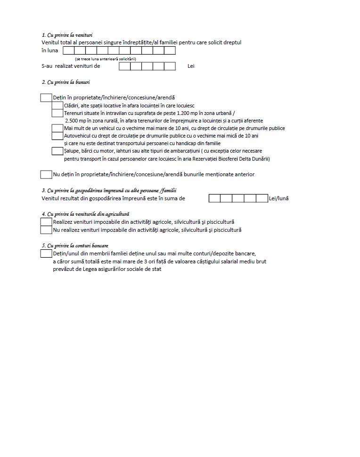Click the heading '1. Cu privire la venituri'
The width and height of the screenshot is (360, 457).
coord(67,35)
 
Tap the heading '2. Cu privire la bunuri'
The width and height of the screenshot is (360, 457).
coord(65,82)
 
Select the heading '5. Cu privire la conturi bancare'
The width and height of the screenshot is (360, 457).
coord(75,245)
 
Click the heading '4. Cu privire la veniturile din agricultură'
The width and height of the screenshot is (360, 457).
coord(85,214)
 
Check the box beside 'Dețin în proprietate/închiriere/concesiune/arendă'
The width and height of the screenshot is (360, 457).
coord(46,98)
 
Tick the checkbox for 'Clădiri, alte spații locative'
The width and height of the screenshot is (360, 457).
coord(57,106)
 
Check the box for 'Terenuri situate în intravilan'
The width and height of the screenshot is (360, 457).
coord(57,113)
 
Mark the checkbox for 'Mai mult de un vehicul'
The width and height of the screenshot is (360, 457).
coord(57,128)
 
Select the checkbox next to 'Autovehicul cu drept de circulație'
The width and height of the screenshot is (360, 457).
coord(57,136)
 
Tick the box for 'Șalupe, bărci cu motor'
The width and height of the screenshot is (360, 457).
coord(57,151)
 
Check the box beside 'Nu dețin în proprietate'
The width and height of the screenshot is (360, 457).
coord(46,174)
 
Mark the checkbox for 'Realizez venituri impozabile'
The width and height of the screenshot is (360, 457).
coord(46,222)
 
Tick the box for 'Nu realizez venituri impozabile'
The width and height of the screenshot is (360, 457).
coord(46,230)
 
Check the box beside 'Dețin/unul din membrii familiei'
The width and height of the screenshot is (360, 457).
coord(46,253)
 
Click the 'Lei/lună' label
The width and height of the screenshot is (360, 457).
coord(278,198)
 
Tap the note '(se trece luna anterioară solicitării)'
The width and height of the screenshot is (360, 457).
coord(105,59)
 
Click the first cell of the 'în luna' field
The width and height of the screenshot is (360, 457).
coord(69,50)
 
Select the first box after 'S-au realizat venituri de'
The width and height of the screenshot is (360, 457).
coord(124,66)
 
